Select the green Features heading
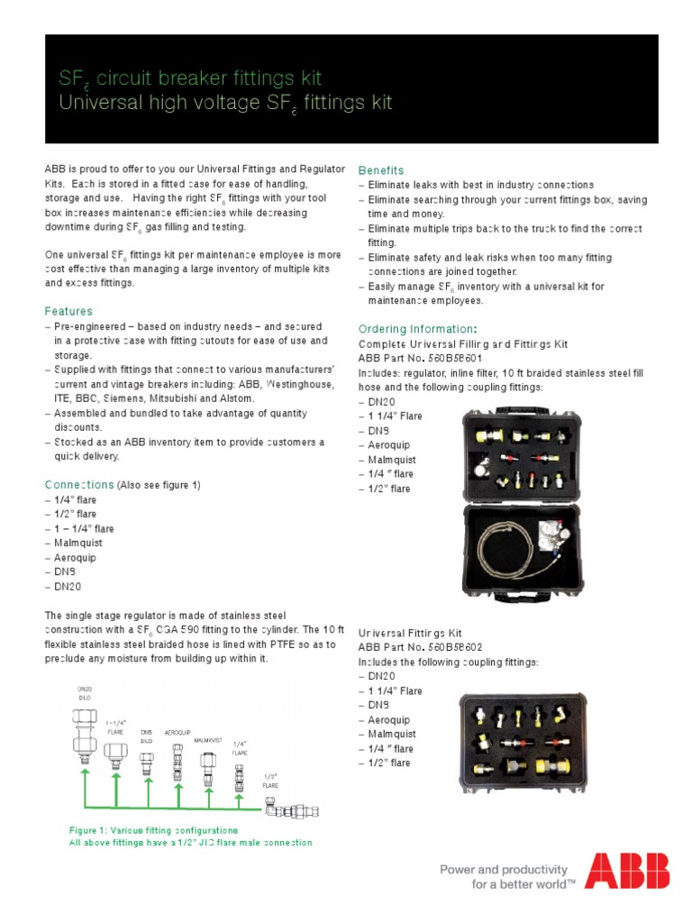69,311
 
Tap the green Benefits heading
381,170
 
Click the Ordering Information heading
415,329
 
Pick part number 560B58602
455,647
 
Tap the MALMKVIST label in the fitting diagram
208,740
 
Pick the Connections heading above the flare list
80,485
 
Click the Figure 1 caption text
154,828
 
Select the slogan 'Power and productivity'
503,870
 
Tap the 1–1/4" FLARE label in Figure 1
115,727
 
